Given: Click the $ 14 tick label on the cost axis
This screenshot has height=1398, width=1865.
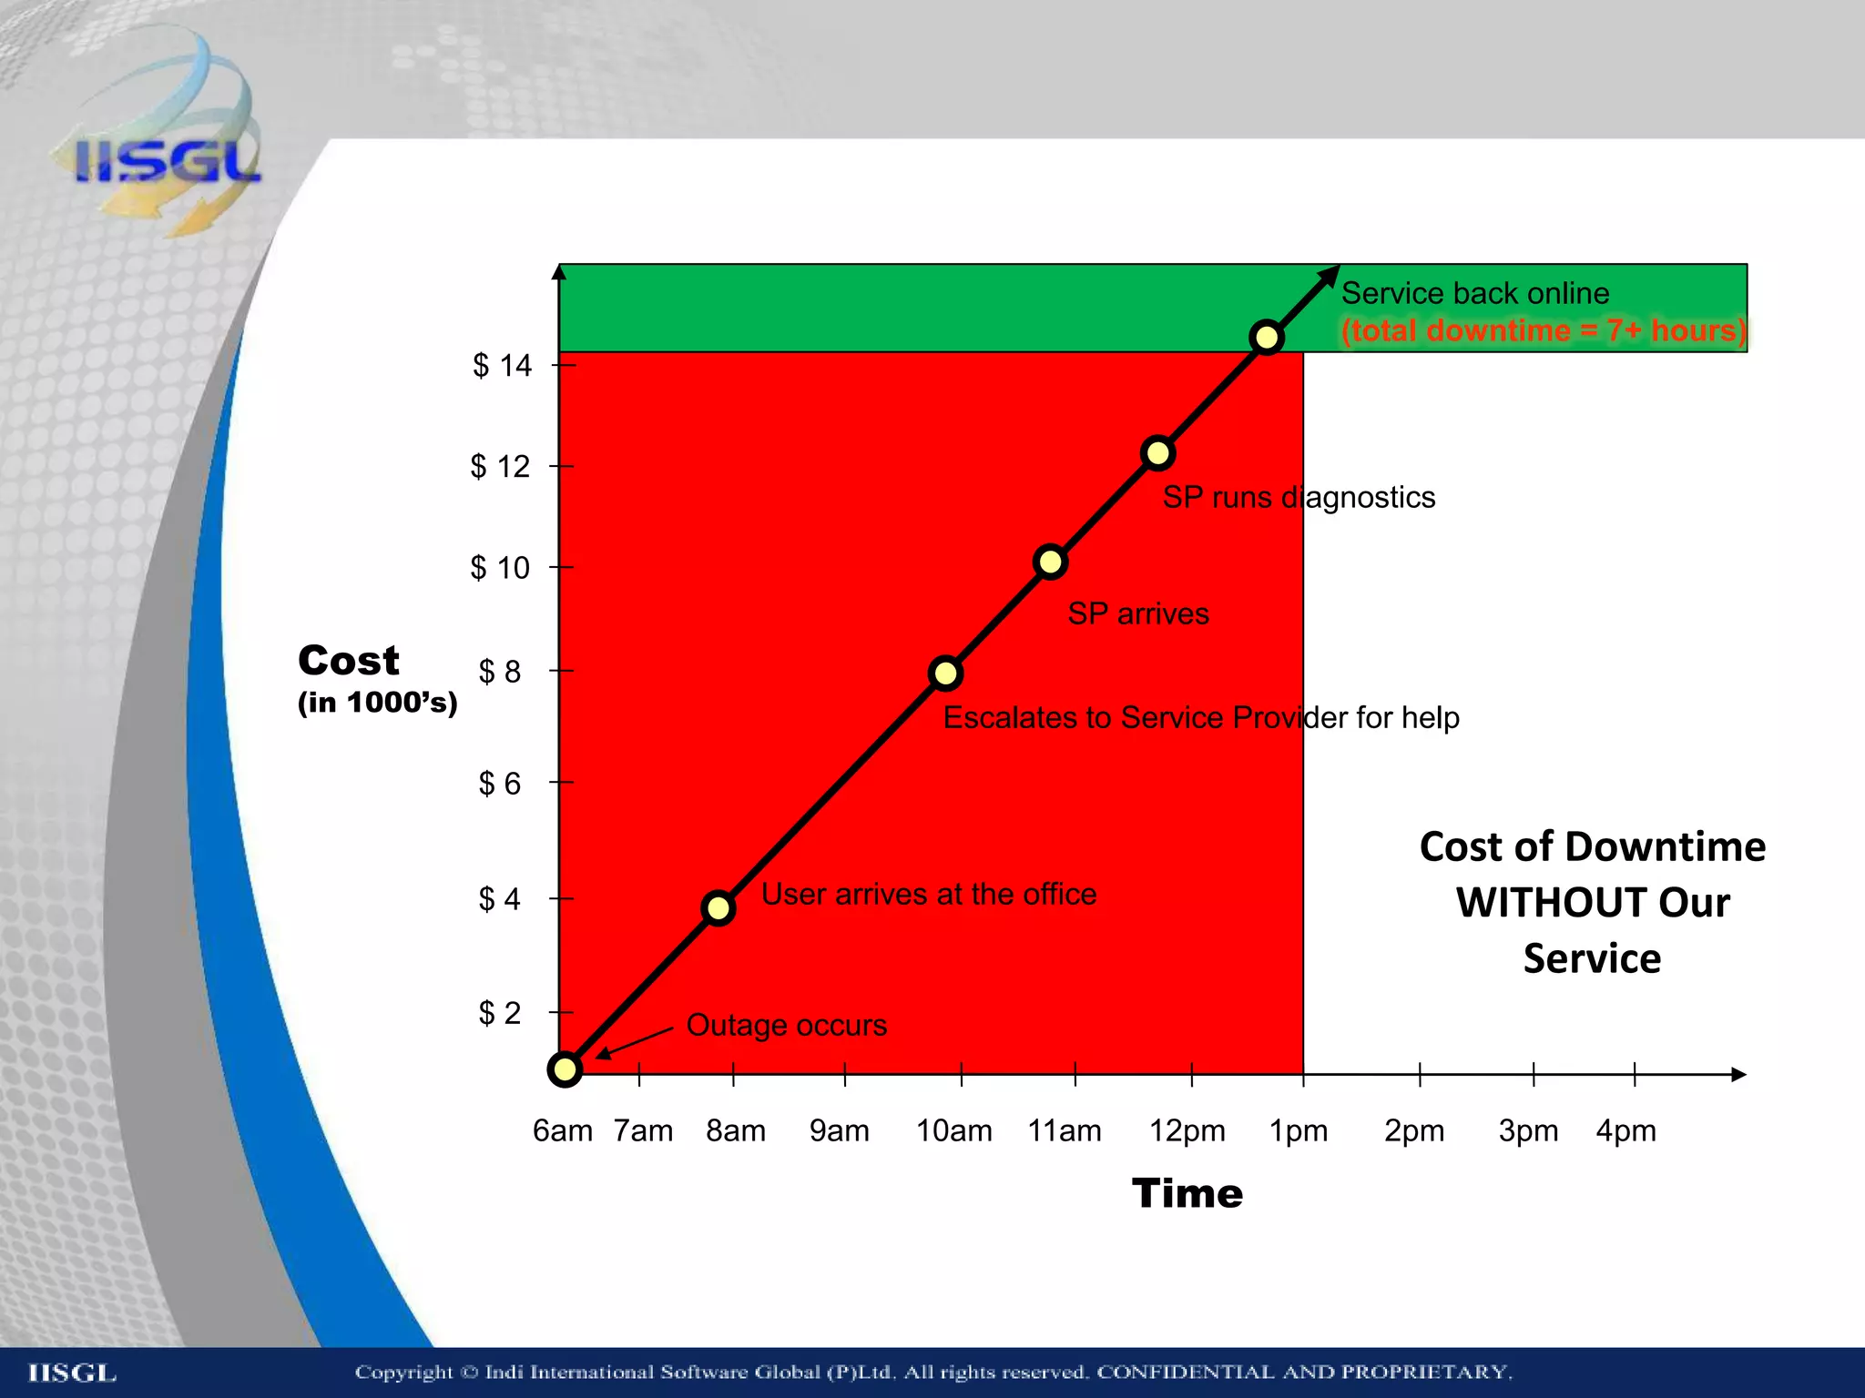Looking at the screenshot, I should (x=502, y=366).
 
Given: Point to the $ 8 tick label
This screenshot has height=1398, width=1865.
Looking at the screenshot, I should (x=500, y=672).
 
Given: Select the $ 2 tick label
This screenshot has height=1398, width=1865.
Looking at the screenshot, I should (x=500, y=1012).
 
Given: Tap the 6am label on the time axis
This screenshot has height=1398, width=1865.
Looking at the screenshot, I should (x=562, y=1130).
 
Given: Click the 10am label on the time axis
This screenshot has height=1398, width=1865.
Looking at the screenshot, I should (x=953, y=1130).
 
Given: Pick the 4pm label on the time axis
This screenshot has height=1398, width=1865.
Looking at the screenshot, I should (x=1626, y=1130).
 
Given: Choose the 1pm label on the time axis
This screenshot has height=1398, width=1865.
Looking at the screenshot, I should (x=1299, y=1130).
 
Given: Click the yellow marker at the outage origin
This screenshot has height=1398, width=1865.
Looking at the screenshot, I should (x=565, y=1069).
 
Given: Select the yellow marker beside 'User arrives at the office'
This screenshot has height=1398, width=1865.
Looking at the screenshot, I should (x=718, y=907).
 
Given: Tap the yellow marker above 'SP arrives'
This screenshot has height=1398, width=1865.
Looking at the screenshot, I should (x=1050, y=562).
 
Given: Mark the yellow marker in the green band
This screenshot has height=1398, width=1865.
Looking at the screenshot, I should (x=1267, y=338).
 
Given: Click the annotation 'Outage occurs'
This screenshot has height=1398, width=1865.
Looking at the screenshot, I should (x=786, y=1025).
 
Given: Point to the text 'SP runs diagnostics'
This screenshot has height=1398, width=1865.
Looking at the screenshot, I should (x=1299, y=497).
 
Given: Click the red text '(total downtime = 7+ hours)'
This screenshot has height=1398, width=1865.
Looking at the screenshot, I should (x=1544, y=329).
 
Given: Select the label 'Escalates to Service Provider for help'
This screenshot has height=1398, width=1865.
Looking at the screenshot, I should (x=1200, y=717).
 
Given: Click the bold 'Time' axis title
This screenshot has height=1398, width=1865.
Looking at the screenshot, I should (x=1187, y=1193).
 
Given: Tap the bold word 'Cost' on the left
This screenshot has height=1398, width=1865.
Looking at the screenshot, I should (x=349, y=660).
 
